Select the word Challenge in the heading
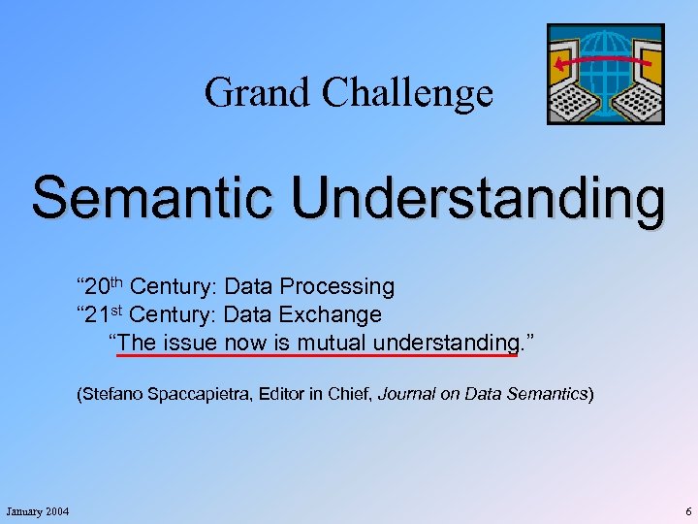[x=407, y=92]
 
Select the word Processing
[x=336, y=287]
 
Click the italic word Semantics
[x=553, y=394]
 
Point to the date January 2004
[x=38, y=511]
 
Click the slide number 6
[x=687, y=511]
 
